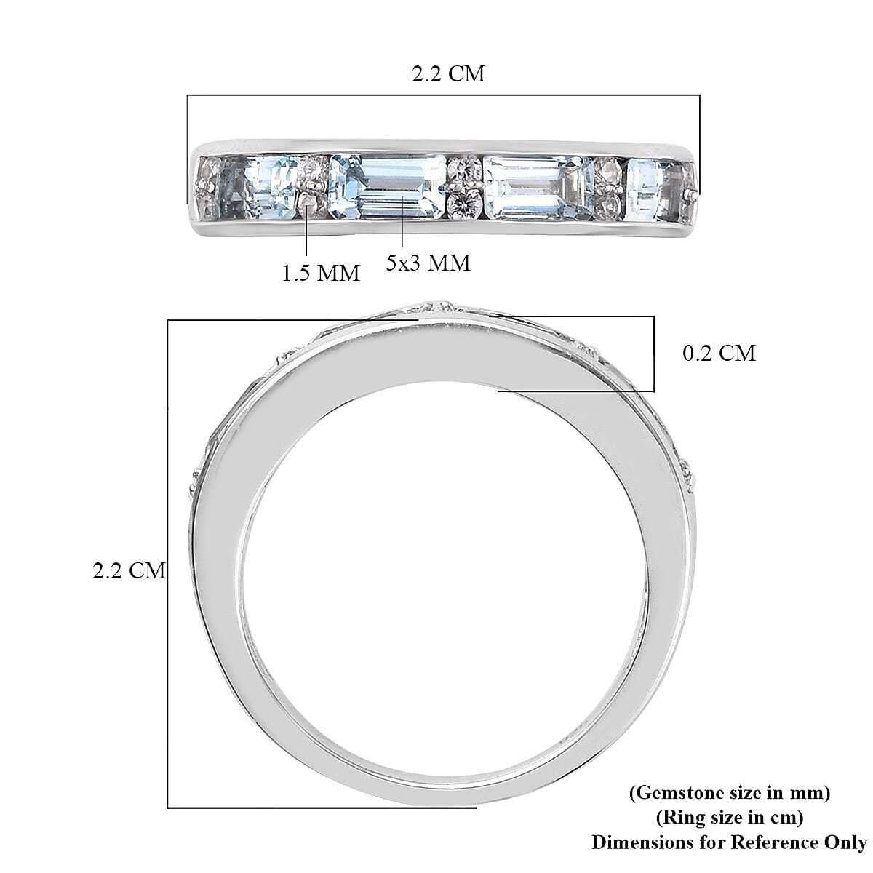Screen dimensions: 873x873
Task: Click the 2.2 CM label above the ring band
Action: (448, 74)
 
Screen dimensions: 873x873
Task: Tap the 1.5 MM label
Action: (320, 273)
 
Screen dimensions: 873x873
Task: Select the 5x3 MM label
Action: (428, 263)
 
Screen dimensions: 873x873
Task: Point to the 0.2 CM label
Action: (719, 354)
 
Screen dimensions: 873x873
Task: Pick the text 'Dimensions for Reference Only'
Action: (729, 842)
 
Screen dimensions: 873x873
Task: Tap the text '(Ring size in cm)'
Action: (729, 817)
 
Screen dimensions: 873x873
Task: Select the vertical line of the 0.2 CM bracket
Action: (653, 354)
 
